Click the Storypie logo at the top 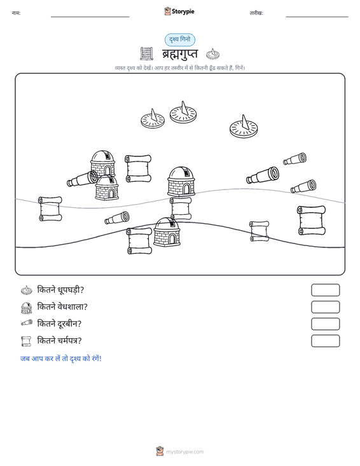click(179, 11)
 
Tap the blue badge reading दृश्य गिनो click(180, 39)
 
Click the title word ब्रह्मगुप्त click(179, 54)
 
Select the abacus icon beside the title click(146, 53)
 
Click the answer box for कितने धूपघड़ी click(325, 290)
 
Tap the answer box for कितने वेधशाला click(325, 307)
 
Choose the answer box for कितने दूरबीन click(325, 324)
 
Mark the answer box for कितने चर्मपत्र click(325, 341)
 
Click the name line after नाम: click(90, 17)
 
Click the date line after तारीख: click(317, 17)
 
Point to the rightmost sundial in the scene click(244, 127)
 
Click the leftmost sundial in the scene click(153, 119)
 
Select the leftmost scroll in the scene click(50, 209)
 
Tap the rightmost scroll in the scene click(311, 220)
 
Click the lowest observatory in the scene click(167, 232)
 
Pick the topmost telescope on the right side click(295, 159)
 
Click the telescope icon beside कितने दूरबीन click(27, 323)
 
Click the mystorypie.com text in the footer click(184, 452)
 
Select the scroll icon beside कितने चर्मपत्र click(26, 341)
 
